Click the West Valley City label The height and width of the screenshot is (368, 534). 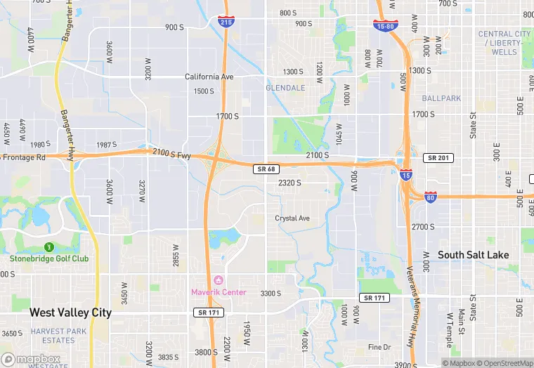click(x=70, y=313)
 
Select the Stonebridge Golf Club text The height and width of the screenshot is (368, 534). click(x=49, y=258)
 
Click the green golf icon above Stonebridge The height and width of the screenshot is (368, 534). click(x=49, y=247)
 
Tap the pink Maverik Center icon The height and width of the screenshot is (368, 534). click(x=218, y=281)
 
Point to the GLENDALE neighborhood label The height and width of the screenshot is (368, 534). click(x=285, y=88)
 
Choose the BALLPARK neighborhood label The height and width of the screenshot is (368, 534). click(x=442, y=98)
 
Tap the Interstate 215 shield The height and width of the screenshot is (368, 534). click(x=226, y=22)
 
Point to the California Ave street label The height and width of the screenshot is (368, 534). click(x=209, y=77)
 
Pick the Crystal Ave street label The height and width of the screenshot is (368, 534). click(x=292, y=218)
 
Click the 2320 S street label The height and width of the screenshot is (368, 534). click(x=289, y=183)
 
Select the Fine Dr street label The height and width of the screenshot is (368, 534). click(x=379, y=347)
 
